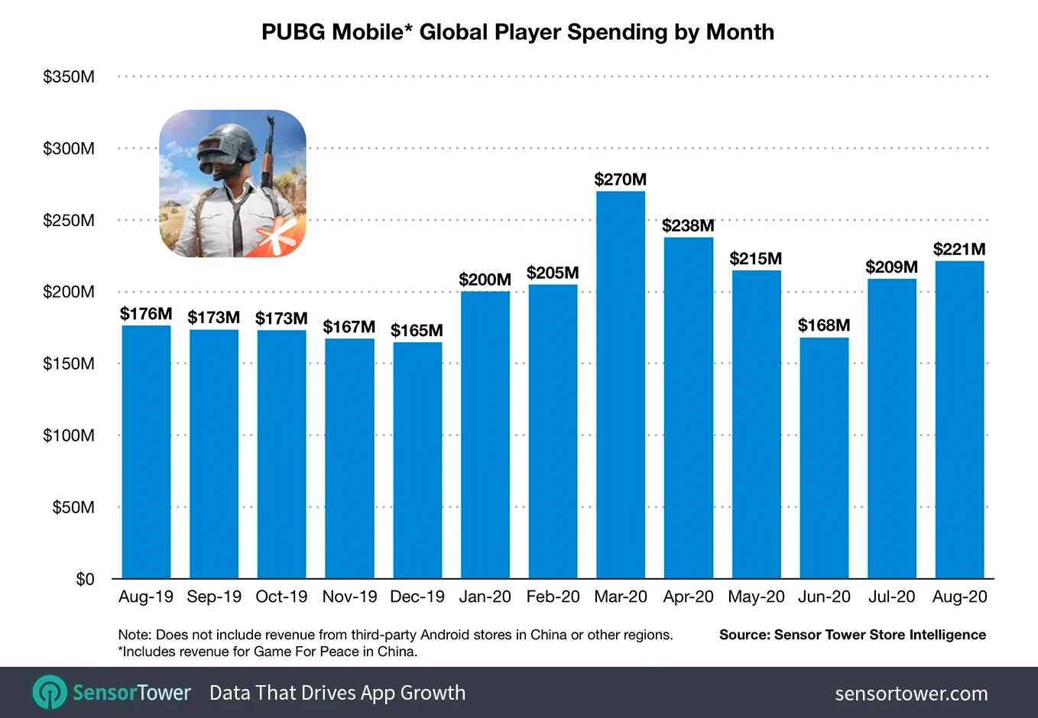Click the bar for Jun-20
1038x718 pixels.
click(x=824, y=458)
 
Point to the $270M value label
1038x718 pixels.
click(x=621, y=179)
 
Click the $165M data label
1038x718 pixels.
click(x=417, y=331)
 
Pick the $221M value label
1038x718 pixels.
click(x=959, y=249)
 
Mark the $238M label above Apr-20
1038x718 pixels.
click(x=688, y=225)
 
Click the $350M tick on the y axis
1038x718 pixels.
click(x=69, y=76)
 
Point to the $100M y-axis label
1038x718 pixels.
click(x=69, y=435)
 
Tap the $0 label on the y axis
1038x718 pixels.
click(x=85, y=579)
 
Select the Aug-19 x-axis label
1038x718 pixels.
click(x=146, y=597)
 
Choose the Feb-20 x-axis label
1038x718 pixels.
click(x=553, y=597)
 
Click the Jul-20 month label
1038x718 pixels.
click(x=891, y=597)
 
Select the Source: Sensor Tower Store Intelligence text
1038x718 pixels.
click(x=852, y=635)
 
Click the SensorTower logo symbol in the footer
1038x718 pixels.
click(x=50, y=693)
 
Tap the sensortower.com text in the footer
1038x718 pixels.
click(x=911, y=694)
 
